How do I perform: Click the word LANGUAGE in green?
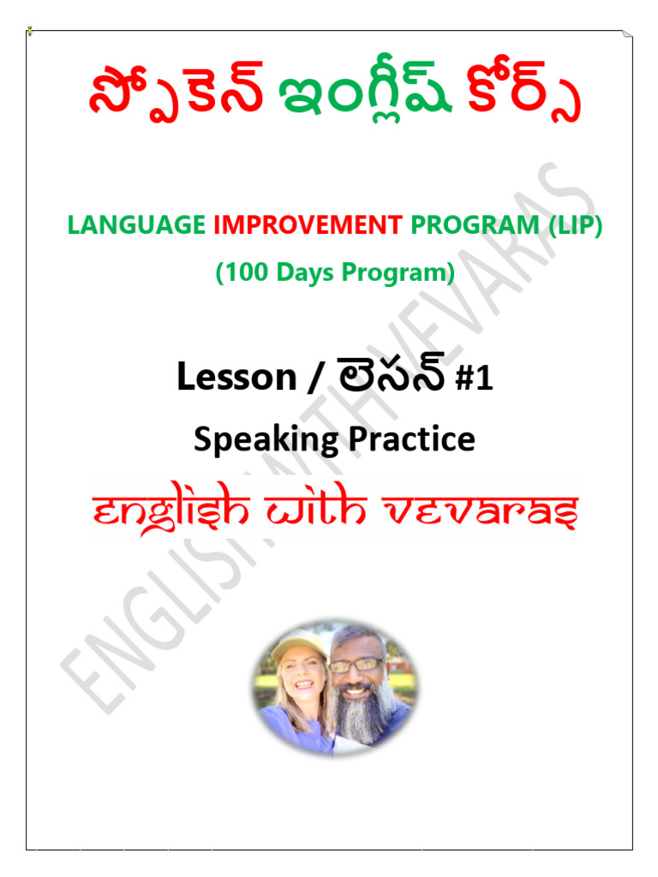(x=135, y=226)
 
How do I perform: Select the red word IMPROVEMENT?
(x=308, y=226)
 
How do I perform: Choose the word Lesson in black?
(x=236, y=377)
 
